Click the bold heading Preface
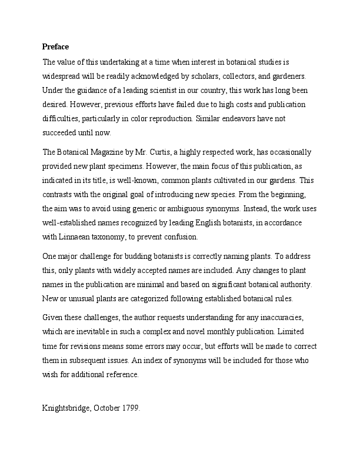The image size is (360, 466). (56, 47)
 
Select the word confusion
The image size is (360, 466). (181, 237)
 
